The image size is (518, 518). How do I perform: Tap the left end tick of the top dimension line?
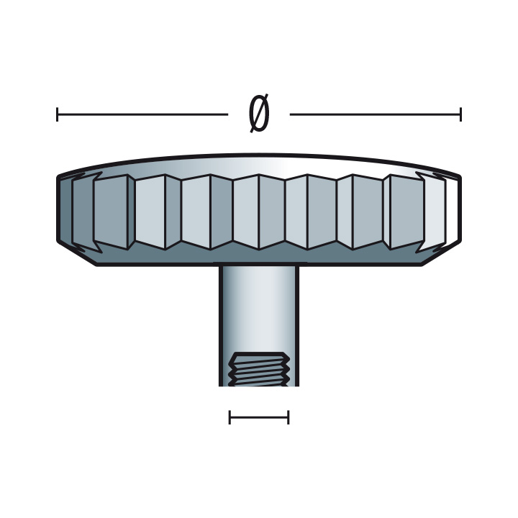[x=58, y=114]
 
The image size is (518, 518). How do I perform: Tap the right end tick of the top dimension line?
[x=460, y=114]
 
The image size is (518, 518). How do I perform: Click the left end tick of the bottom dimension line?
[x=230, y=417]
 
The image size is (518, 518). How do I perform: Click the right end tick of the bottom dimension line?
[x=288, y=417]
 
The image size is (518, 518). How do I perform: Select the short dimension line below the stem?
[x=259, y=417]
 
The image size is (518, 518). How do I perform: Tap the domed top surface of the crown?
[x=259, y=163]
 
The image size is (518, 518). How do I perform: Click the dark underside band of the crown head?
[x=259, y=256]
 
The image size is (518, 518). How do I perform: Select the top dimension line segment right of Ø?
[x=375, y=114]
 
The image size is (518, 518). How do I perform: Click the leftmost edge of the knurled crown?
[x=59, y=209]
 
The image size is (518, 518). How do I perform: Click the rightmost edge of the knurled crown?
[x=459, y=209]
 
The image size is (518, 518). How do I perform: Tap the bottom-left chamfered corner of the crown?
[x=77, y=253]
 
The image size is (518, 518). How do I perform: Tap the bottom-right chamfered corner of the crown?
[x=440, y=253]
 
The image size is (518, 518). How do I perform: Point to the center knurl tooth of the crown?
[x=259, y=212]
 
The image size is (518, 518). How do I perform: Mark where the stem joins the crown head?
[x=259, y=265]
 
